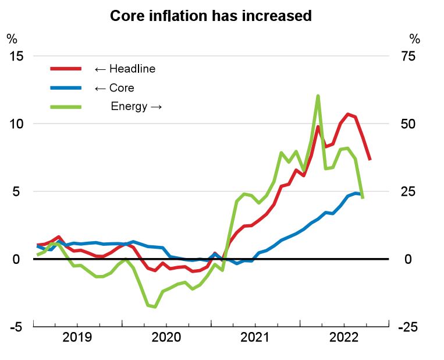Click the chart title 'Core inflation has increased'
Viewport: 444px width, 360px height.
coord(211,16)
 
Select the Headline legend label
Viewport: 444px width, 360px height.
coord(125,69)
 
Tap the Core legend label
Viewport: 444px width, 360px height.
coord(114,88)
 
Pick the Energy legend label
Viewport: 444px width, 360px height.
coord(136,107)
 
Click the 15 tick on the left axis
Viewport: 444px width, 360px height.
coord(15,56)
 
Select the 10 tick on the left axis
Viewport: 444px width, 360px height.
coord(15,123)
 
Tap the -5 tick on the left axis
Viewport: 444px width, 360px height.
coord(15,327)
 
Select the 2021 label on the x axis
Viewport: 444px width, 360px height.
coord(254,337)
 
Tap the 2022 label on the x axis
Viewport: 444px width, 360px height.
coord(343,337)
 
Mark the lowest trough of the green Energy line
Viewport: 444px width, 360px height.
coord(155,307)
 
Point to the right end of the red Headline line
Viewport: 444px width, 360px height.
coord(370,159)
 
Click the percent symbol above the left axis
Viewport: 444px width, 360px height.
coord(12,39)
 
